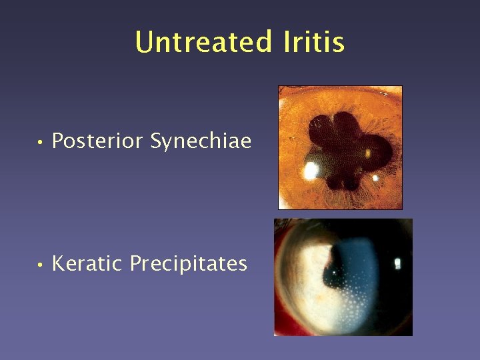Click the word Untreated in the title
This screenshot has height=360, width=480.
(x=203, y=42)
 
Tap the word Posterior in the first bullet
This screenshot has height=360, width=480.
(x=98, y=141)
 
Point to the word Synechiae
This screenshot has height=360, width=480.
(x=201, y=141)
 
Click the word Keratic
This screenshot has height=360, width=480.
(x=87, y=264)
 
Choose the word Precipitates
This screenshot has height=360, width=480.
(x=188, y=264)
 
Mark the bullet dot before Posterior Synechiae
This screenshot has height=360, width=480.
(x=41, y=142)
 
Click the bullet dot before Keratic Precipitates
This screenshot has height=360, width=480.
(x=41, y=265)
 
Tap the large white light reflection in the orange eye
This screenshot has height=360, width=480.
(x=311, y=171)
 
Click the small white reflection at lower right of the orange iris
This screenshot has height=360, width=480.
(x=375, y=178)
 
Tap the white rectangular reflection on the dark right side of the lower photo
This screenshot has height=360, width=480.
(x=398, y=263)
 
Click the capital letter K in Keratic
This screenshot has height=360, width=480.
(x=57, y=264)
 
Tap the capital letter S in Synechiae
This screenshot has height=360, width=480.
(x=157, y=141)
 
